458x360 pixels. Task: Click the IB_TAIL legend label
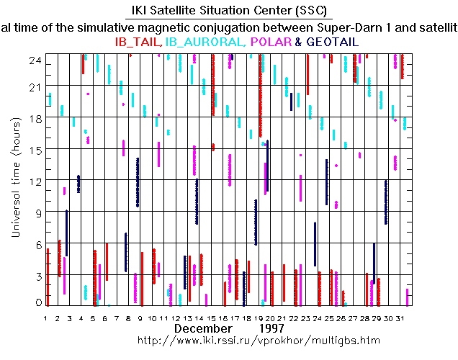pos(139,42)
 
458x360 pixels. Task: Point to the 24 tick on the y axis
pos(34,61)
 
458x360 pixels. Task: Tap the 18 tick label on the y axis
pos(34,118)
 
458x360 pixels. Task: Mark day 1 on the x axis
pos(45,318)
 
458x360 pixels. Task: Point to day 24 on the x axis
pos(318,318)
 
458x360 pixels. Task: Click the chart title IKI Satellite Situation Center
pos(229,10)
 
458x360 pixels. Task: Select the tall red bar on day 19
pos(260,94)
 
